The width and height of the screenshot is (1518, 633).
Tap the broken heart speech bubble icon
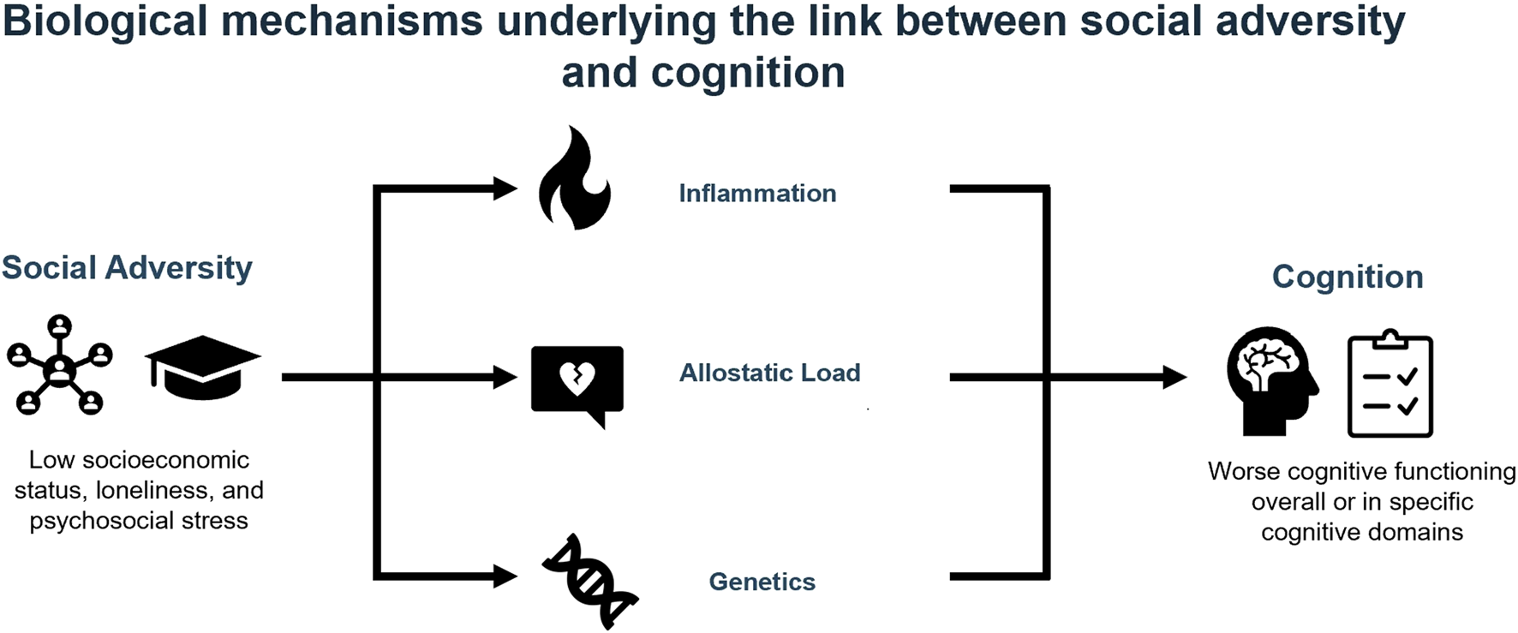tap(577, 381)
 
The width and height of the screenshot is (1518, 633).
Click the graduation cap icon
tap(202, 367)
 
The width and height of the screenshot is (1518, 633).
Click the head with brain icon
tap(1271, 380)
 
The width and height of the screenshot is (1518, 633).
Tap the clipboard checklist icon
tap(1390, 385)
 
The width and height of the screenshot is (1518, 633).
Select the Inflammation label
tap(757, 194)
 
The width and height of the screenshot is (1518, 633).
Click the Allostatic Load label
tap(769, 373)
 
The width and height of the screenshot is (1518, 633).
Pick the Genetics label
tap(762, 582)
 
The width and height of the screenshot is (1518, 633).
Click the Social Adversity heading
tap(127, 267)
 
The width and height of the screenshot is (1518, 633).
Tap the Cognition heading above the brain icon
tap(1347, 277)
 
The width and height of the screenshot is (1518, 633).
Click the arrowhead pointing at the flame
tap(505, 188)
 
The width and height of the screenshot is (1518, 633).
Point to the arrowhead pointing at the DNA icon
tap(505, 576)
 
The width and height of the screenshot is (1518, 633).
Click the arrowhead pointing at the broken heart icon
tap(505, 377)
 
